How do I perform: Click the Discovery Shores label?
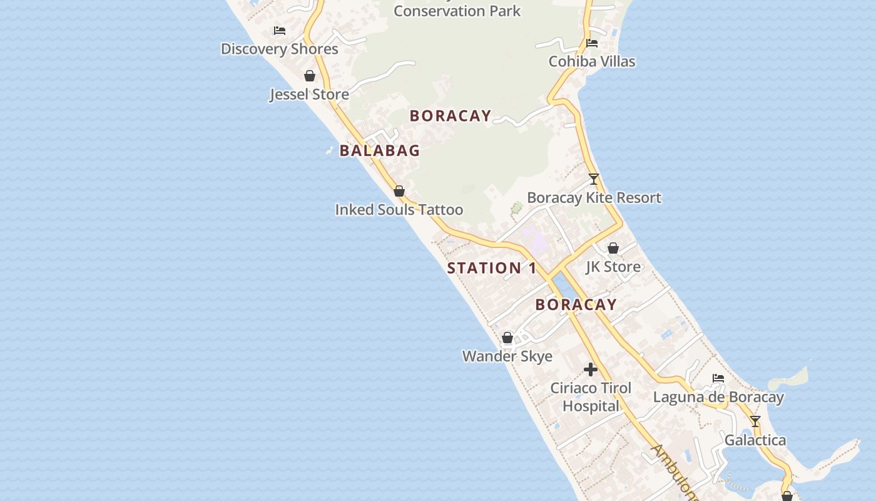point(279,49)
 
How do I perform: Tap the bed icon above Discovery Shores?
point(280,30)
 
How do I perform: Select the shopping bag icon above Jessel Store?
point(309,76)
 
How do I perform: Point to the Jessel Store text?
point(309,95)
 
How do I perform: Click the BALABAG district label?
point(379,150)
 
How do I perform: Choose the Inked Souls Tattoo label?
point(399,210)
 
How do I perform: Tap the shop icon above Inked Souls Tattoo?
point(399,191)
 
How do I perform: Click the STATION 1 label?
point(492,268)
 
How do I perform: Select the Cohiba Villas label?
point(591,61)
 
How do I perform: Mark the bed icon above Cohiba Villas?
point(592,43)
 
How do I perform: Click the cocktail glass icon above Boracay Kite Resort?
point(594,179)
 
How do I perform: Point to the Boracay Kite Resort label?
point(594,198)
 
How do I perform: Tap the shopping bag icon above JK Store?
point(613,248)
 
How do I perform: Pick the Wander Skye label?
point(507,356)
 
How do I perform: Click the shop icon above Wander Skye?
point(507,338)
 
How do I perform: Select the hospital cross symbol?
point(590,369)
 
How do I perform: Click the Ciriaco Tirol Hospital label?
point(590,397)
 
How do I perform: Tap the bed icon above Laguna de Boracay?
point(718,378)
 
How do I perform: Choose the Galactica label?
point(755,440)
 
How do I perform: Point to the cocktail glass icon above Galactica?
point(755,421)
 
